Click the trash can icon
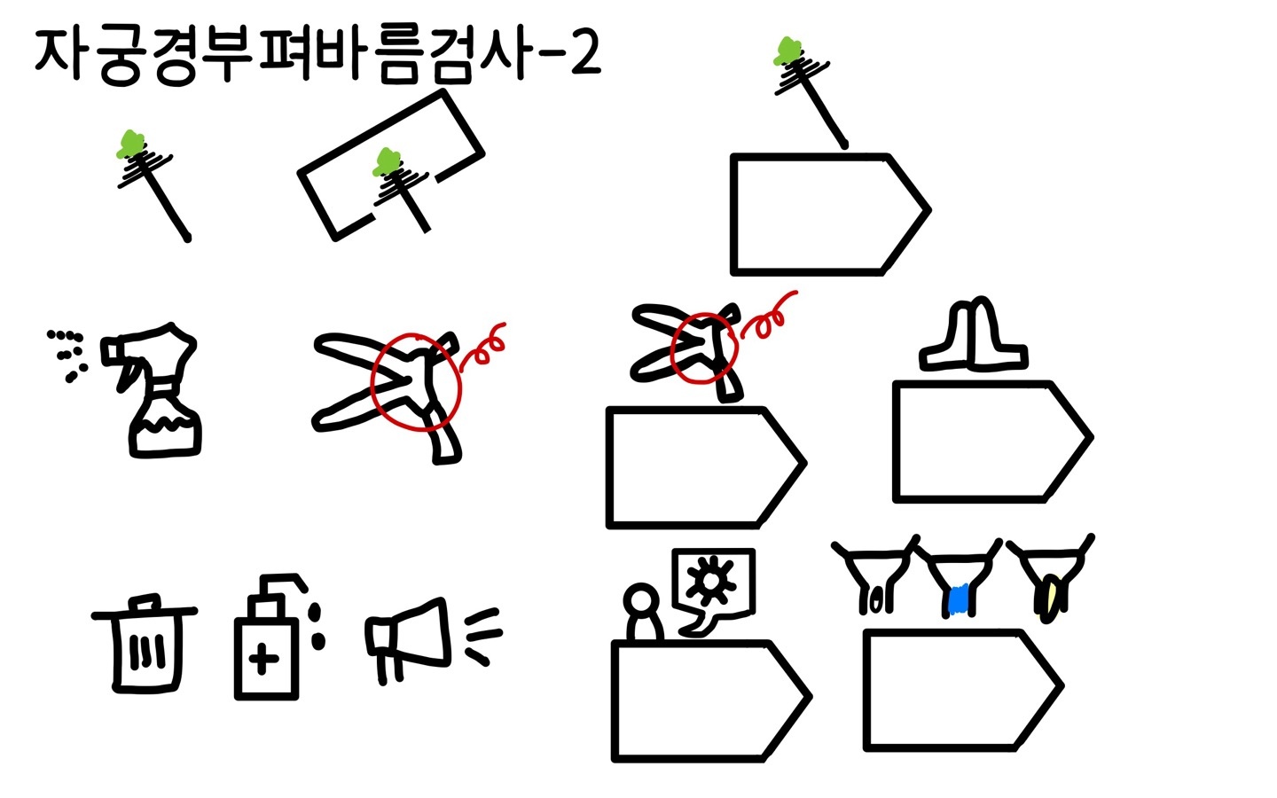pyautogui.click(x=145, y=644)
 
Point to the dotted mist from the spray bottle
pyautogui.click(x=67, y=355)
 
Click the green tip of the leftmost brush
pyautogui.click(x=130, y=144)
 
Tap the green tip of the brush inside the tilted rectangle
pyautogui.click(x=387, y=162)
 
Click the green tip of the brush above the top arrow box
pyautogui.click(x=787, y=51)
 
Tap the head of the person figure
pyautogui.click(x=641, y=601)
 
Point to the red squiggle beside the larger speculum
pyautogui.click(x=482, y=348)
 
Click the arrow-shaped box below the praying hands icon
pyautogui.click(x=992, y=442)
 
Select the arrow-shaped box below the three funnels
pyautogui.click(x=963, y=690)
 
